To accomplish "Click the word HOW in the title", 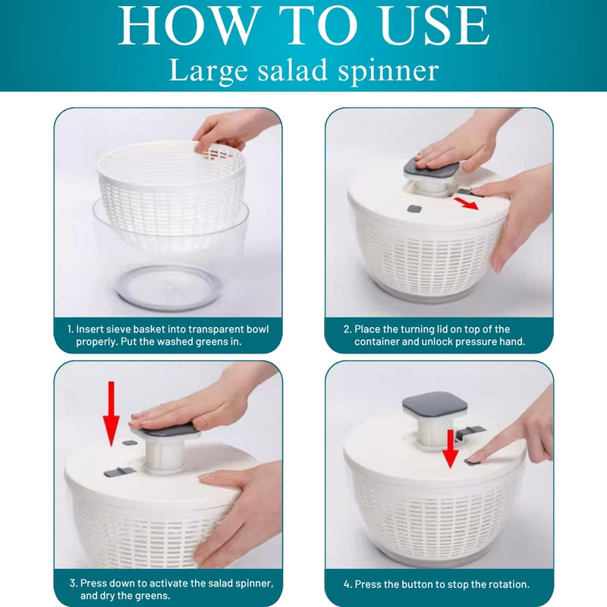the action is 187,26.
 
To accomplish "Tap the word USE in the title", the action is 435,26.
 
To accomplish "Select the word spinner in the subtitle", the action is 388,71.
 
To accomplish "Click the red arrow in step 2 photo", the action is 466,203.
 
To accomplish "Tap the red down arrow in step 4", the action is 450,448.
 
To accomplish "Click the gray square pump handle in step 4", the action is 435,407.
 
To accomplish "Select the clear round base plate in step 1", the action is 165,288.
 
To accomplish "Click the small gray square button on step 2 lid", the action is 414,209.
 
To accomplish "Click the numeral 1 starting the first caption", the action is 70,329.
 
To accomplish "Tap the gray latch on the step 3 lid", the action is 119,472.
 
